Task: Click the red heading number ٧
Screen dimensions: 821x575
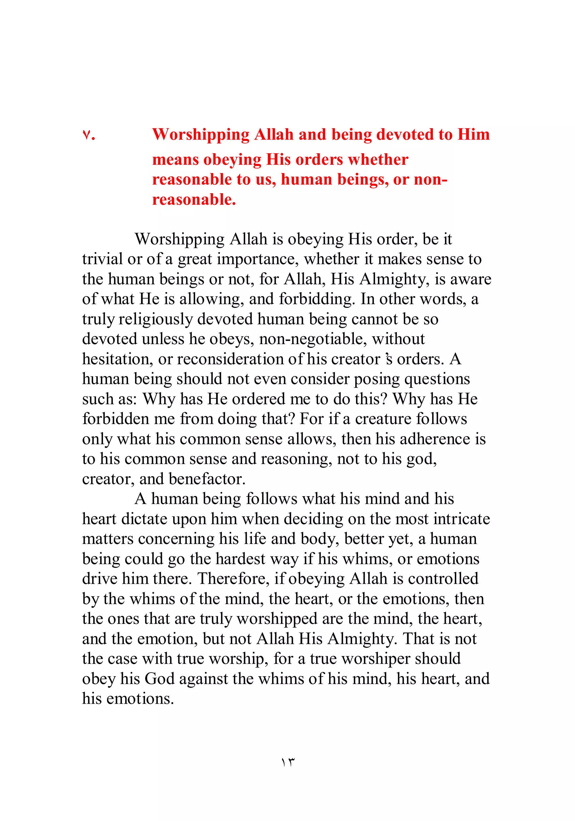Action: (x=89, y=135)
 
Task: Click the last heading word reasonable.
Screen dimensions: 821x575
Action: (x=194, y=200)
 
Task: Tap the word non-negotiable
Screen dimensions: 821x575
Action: (x=313, y=339)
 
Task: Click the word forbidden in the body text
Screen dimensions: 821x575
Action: (x=115, y=419)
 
